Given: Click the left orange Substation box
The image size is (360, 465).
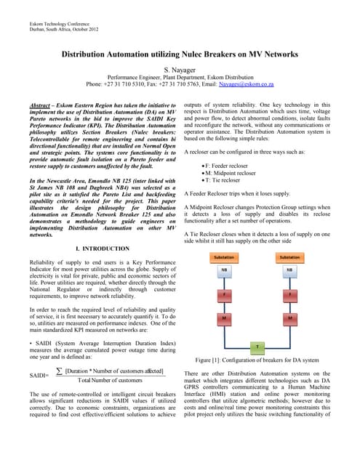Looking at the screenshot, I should (223, 257).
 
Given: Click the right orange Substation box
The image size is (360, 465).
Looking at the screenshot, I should (290, 257).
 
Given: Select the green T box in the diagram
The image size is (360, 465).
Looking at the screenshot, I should (257, 347).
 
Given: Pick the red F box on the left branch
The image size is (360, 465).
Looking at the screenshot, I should (223, 295).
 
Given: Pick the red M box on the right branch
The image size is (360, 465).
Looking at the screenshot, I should (290, 318).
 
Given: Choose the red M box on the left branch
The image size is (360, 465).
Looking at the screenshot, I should (223, 318).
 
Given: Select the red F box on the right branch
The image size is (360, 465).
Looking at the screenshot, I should (290, 295).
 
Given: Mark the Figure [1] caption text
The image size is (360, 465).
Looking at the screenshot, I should (257, 360).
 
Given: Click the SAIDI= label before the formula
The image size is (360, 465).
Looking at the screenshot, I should (39, 376).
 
